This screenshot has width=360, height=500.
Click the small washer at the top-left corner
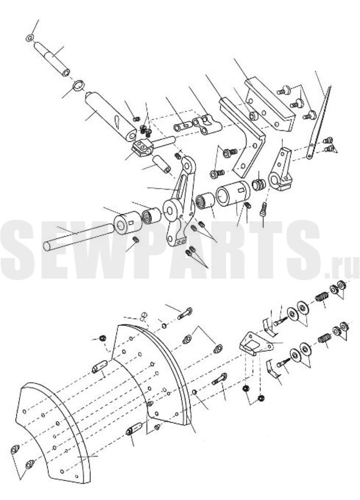(x=29, y=38)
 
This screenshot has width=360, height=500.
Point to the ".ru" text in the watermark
(x=341, y=270)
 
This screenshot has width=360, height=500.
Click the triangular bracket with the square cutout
(x=256, y=344)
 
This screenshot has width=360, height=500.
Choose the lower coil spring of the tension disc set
(x=324, y=338)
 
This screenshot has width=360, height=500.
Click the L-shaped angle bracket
(x=246, y=137)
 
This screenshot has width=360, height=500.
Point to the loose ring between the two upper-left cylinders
(x=79, y=85)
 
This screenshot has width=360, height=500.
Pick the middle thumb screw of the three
(x=297, y=104)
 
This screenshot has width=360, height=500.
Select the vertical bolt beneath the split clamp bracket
(x=264, y=209)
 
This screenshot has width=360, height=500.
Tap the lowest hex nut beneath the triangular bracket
(x=261, y=398)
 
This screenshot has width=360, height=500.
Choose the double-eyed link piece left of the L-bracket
(x=207, y=124)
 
